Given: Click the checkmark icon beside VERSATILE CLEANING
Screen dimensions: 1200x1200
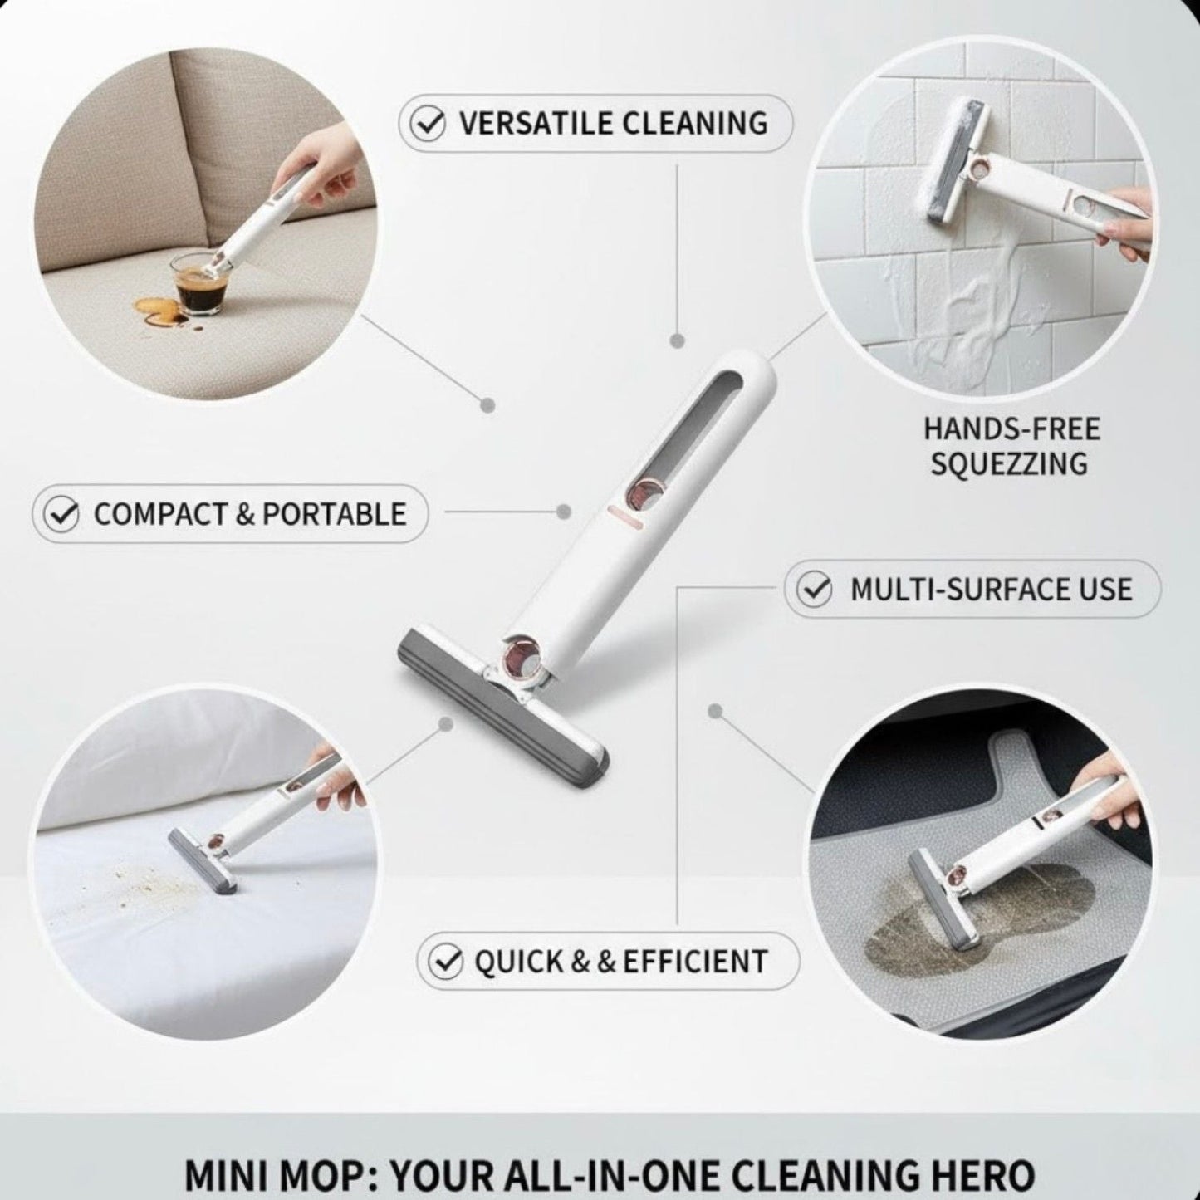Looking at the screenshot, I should [x=429, y=124].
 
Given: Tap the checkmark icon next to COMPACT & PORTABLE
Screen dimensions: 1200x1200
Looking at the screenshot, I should [x=61, y=514].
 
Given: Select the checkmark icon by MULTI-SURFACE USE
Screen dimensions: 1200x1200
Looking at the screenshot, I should [x=813, y=590].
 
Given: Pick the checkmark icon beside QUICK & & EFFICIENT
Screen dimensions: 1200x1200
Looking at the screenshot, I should [x=446, y=962].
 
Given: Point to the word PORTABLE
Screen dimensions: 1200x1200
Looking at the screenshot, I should [x=335, y=514].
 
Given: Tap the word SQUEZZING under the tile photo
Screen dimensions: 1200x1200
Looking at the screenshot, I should [x=1009, y=463].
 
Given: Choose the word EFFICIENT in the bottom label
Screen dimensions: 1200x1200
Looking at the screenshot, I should [x=695, y=962].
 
